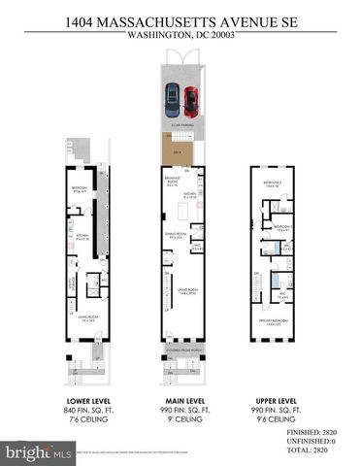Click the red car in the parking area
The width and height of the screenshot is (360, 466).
pos(190,98)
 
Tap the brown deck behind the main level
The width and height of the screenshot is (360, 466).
pos(176,150)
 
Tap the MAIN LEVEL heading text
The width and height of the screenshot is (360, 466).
pos(180,400)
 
